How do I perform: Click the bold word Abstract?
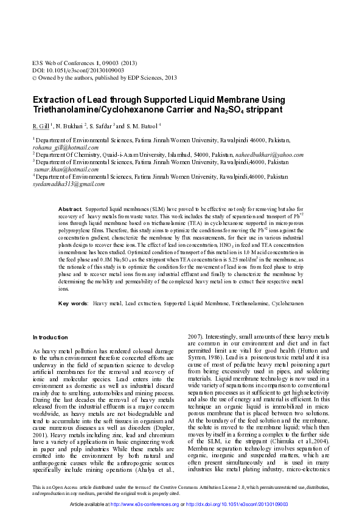(70, 208)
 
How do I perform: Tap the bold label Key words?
(72, 302)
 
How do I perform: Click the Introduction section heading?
(50, 337)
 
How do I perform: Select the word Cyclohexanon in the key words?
(287, 302)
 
